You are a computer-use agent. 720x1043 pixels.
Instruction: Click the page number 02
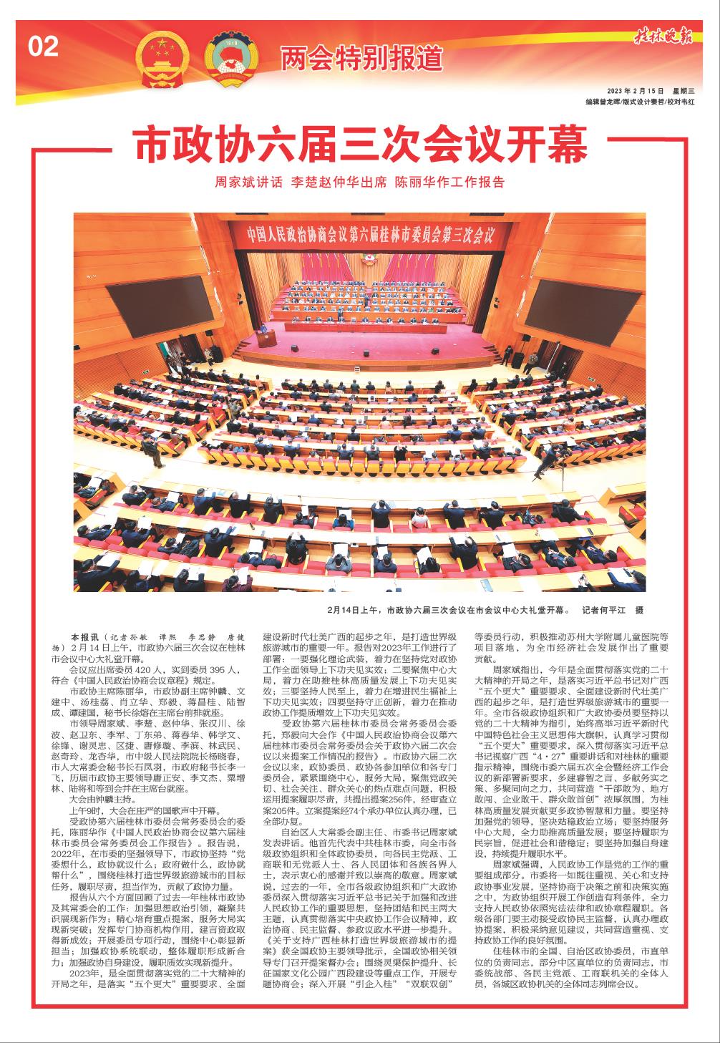click(x=44, y=47)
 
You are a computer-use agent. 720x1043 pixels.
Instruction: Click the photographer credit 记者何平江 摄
click(x=613, y=611)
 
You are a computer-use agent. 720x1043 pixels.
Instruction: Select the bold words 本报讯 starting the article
click(x=84, y=636)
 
